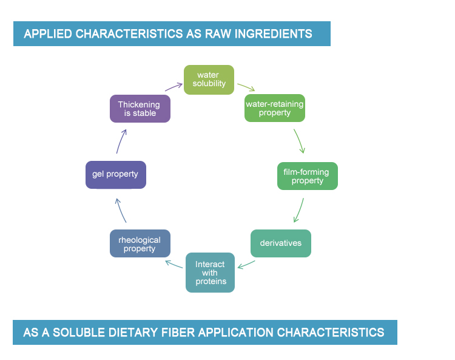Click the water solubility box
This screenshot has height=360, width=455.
209,80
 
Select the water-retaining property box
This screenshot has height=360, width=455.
274,108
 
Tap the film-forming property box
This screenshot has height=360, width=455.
308,176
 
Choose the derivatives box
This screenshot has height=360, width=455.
281,243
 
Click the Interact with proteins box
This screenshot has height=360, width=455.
210,273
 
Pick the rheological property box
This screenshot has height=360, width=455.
140,243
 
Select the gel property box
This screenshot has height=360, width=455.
116,175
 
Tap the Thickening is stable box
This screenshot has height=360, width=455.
140,109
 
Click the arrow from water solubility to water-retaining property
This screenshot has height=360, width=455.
246,87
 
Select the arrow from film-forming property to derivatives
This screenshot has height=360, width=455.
299,211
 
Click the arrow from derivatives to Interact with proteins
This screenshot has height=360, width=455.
246,265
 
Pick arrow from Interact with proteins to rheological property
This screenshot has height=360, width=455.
174,264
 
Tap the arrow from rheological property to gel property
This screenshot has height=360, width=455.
120,211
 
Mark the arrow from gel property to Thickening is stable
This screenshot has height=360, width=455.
121,141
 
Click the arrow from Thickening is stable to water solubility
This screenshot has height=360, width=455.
174,87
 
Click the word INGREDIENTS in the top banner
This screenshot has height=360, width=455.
273,34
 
